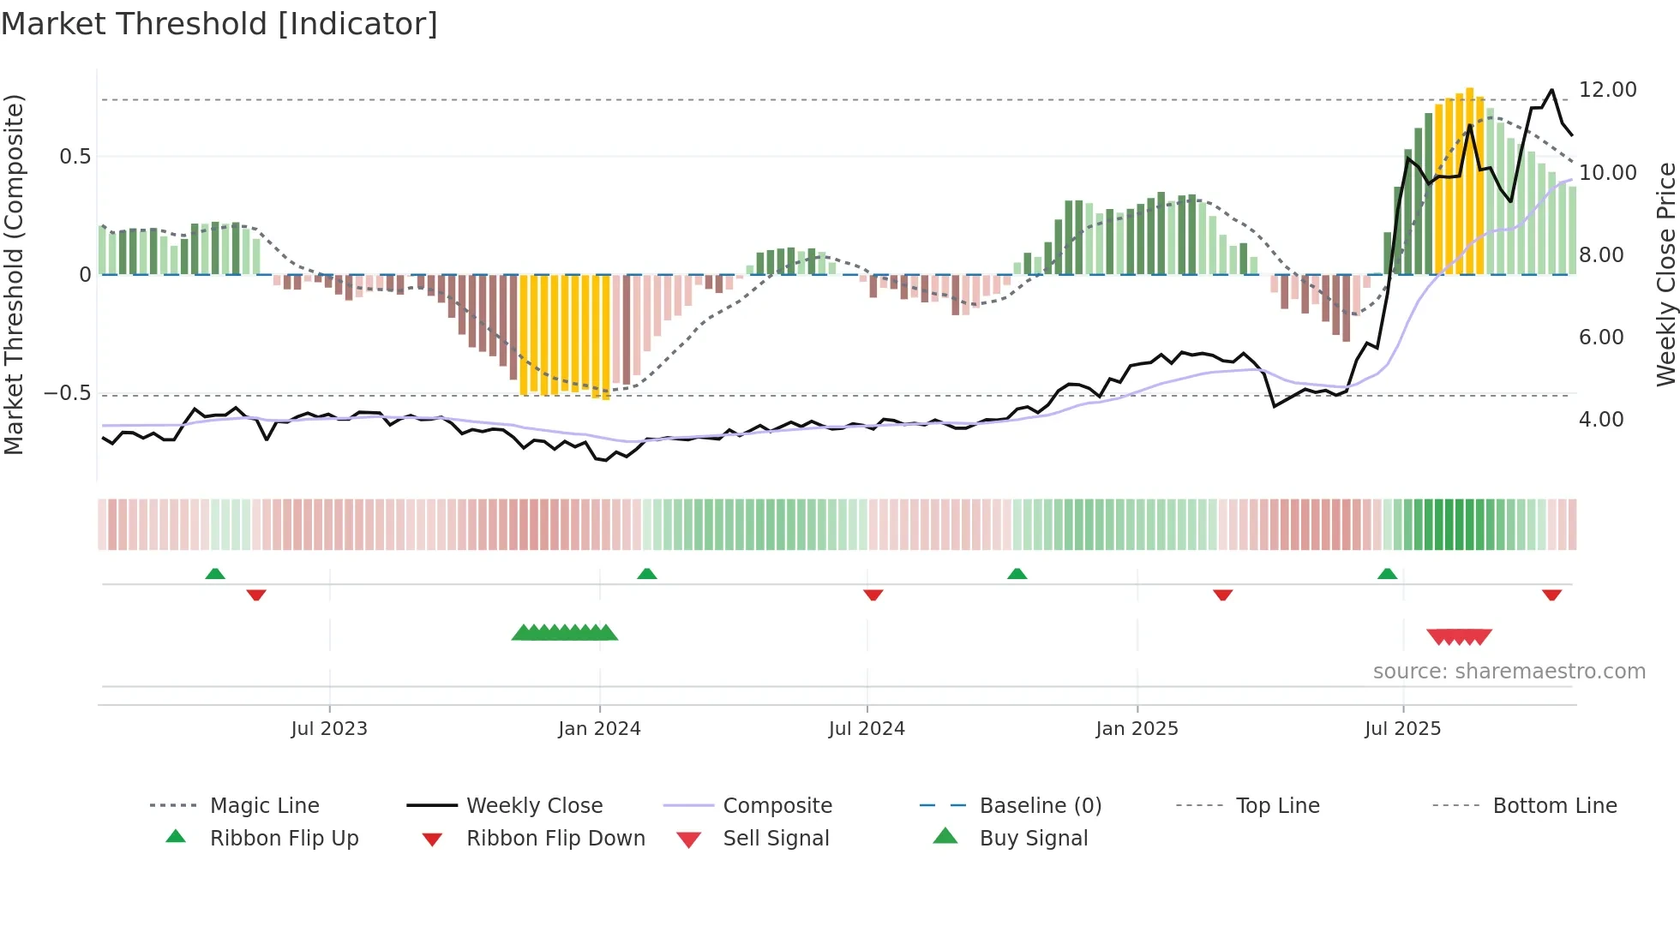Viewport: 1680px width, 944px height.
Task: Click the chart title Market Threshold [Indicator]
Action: pos(219,24)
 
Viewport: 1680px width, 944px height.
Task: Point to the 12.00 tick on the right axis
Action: pos(1607,90)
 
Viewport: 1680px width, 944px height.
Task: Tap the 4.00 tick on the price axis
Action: pos(1600,420)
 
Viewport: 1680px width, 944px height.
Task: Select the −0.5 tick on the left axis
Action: pos(67,393)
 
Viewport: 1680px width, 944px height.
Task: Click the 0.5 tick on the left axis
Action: pos(75,157)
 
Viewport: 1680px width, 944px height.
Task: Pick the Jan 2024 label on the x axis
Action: pos(599,729)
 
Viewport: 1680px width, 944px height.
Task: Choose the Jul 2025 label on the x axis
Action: pos(1402,729)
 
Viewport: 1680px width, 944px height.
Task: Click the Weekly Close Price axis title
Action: pos(1665,274)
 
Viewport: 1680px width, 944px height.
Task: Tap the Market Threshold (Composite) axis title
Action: pos(14,274)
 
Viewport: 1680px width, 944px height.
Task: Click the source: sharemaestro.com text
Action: pos(1509,672)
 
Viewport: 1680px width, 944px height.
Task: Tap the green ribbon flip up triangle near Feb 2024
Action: pos(647,574)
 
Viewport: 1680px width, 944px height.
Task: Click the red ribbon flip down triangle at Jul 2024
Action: pos(873,594)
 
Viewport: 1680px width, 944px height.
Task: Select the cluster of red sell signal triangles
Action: pos(1459,636)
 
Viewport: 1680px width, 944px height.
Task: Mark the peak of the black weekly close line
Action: pos(1551,90)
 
